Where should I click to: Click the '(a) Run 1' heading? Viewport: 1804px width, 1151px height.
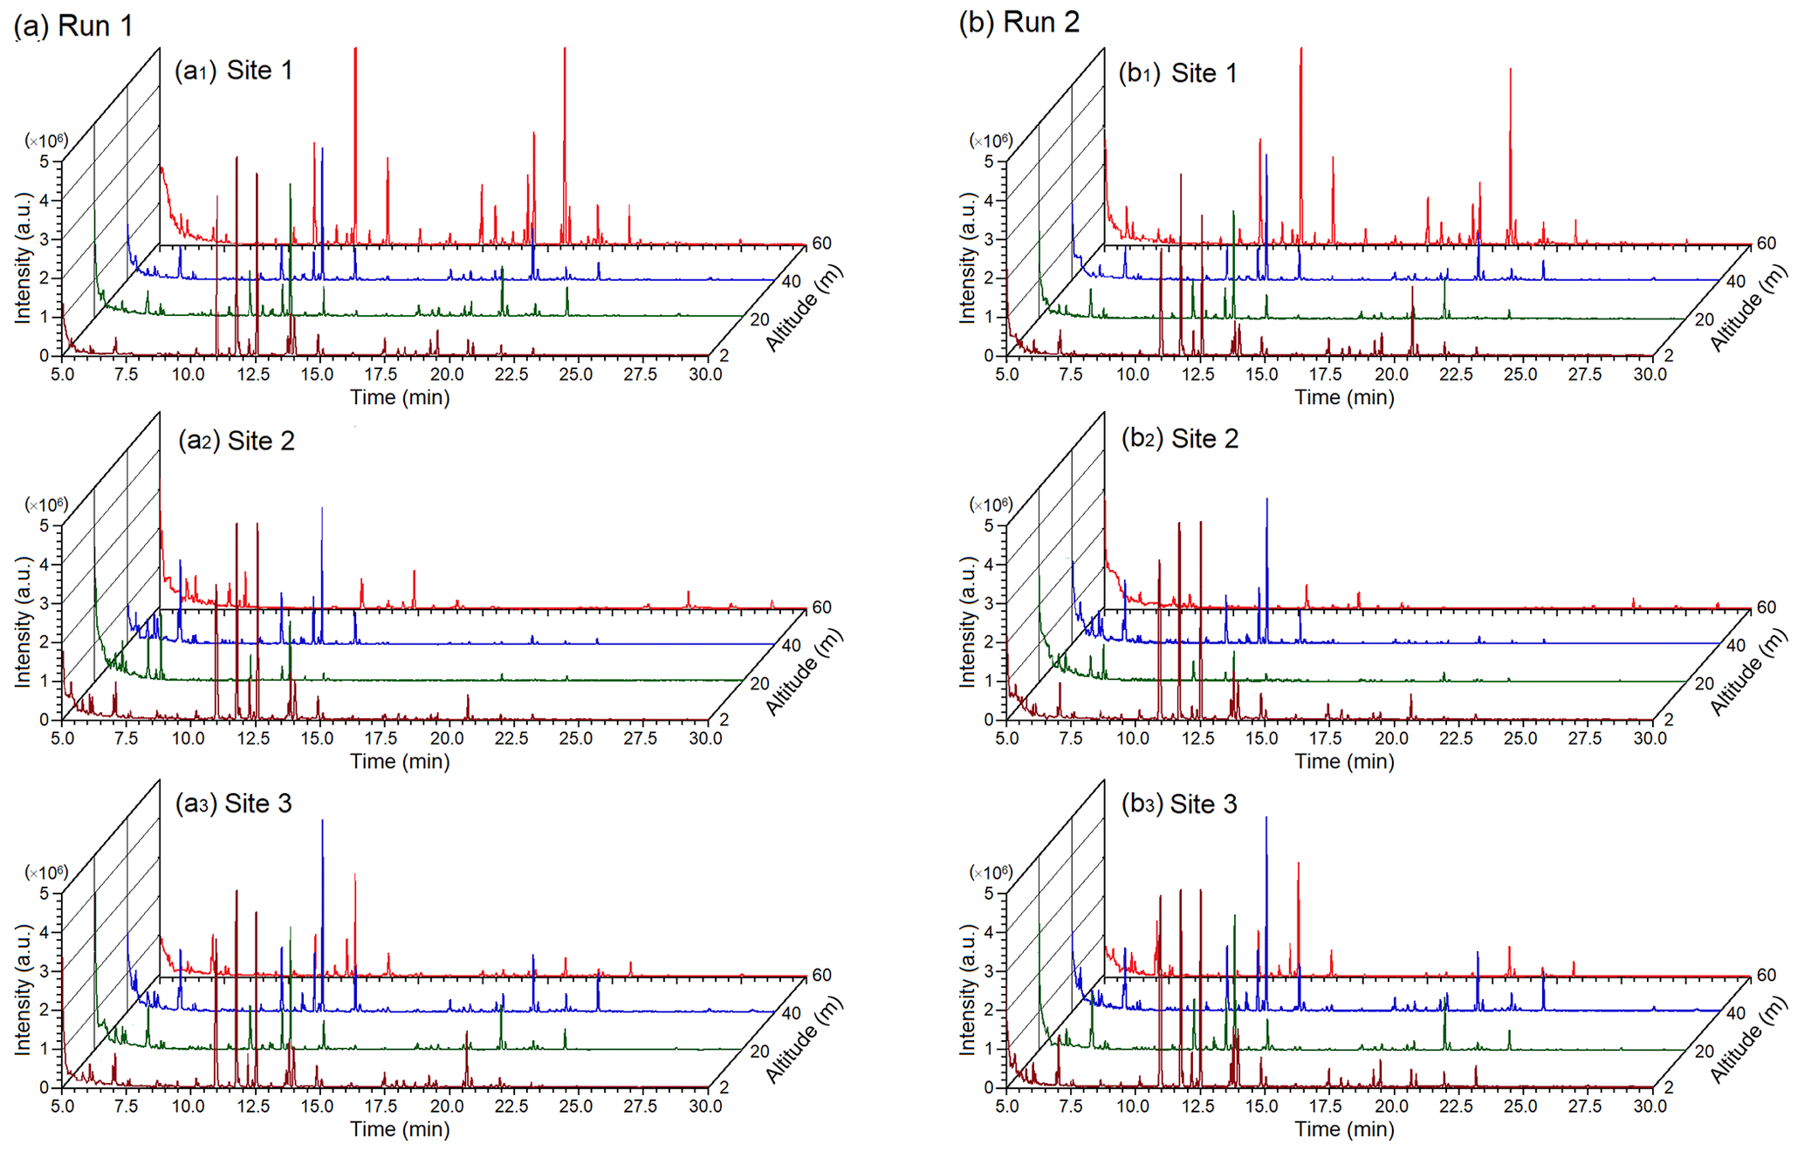(73, 25)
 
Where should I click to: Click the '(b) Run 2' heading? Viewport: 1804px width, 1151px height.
(1019, 22)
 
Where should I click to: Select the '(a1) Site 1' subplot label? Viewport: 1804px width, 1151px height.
(233, 71)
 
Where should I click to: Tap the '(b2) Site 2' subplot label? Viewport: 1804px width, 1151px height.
(1179, 438)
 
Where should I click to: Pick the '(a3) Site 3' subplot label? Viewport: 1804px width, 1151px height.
(233, 804)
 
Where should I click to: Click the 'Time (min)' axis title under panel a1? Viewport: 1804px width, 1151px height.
(400, 398)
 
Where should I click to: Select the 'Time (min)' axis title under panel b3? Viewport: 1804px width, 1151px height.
(1344, 1129)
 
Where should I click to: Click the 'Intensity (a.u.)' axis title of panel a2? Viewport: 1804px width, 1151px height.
(23, 620)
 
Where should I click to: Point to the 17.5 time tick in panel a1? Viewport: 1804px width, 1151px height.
(381, 374)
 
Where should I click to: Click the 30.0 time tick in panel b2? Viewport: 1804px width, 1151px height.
(1650, 738)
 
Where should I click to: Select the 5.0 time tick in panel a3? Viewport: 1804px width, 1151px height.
(62, 1106)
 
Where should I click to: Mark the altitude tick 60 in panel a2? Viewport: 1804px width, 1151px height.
(821, 607)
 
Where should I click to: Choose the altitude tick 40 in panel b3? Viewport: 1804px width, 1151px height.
(1736, 1012)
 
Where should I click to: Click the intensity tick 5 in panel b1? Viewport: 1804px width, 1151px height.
(989, 161)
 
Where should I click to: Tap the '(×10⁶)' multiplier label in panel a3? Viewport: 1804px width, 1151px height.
(45, 873)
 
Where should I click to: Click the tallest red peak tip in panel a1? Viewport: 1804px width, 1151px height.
(355, 50)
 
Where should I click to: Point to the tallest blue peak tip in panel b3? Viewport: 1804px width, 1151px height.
(1266, 818)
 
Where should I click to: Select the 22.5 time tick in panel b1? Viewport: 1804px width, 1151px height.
(1456, 374)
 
